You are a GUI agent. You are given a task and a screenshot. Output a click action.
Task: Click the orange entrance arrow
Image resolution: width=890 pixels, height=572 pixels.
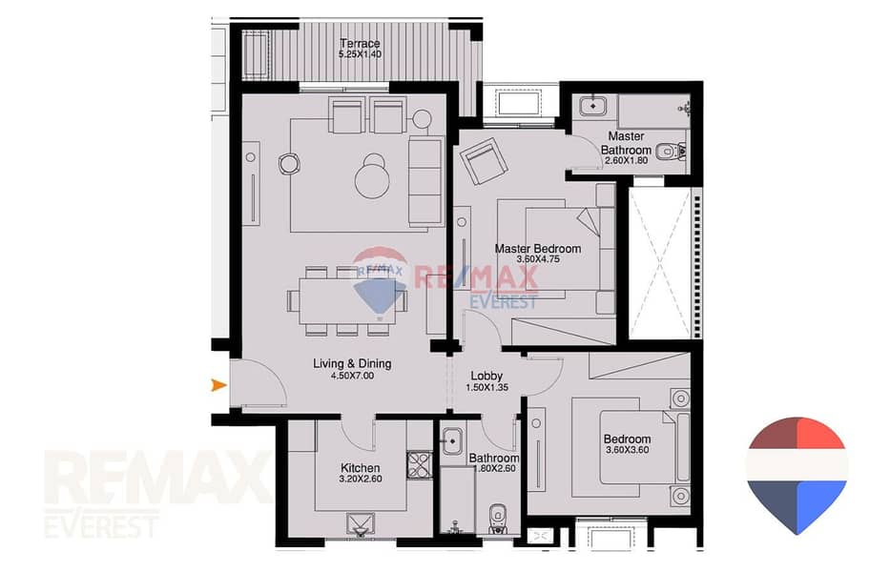point(218,385)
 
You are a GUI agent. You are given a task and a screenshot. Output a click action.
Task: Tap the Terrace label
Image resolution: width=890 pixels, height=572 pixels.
point(360,43)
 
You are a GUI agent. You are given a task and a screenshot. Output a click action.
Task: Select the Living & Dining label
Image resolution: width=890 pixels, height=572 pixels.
point(352,364)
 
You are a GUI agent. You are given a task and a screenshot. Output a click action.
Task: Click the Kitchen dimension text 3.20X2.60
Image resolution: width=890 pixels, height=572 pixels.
point(361,479)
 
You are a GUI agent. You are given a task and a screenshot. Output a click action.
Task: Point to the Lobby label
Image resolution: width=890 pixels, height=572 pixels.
point(486,376)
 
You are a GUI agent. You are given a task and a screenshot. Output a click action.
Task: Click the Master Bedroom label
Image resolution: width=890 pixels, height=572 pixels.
point(537,249)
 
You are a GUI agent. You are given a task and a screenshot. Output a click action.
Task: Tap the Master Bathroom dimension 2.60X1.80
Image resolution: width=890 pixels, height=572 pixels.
point(626,160)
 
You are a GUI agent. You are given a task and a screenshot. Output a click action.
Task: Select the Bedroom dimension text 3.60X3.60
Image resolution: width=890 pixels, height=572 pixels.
point(628,450)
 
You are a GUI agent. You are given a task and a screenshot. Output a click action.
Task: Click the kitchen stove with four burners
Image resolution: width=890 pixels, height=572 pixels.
point(419,465)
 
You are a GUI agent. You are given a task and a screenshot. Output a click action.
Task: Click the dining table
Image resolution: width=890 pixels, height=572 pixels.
point(347,300)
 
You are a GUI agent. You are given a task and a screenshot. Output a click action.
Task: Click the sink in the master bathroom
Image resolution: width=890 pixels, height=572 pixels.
point(593,106)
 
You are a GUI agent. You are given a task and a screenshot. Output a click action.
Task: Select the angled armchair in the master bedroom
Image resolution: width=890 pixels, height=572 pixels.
point(484,162)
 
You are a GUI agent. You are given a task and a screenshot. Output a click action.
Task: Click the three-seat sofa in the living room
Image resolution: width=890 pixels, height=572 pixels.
point(425,181)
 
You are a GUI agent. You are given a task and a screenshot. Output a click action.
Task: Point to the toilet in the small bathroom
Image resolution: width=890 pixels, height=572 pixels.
point(497,520)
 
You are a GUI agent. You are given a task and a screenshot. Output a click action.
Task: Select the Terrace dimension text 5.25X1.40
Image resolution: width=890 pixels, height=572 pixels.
point(360,54)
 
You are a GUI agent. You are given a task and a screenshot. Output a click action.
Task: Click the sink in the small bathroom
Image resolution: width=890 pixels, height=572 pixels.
point(452,440)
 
